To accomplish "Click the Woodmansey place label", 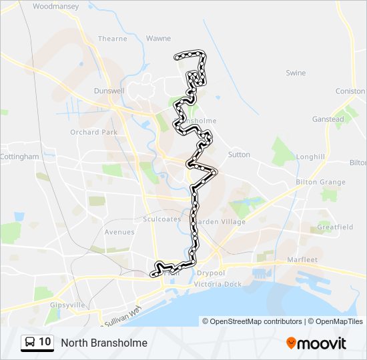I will tap(55, 6).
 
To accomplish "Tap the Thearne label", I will tap(112, 39).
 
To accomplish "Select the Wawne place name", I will tap(158, 39).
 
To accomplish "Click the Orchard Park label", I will tap(93, 132).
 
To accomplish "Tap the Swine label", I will tap(296, 73).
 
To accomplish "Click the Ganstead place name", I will tap(328, 119).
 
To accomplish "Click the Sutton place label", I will tap(239, 155).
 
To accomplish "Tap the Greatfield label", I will tap(335, 227).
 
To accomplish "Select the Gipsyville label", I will tap(67, 304).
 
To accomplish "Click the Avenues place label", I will tap(119, 232).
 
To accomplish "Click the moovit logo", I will tap(316, 343).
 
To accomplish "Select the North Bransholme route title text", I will tap(104, 343).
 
